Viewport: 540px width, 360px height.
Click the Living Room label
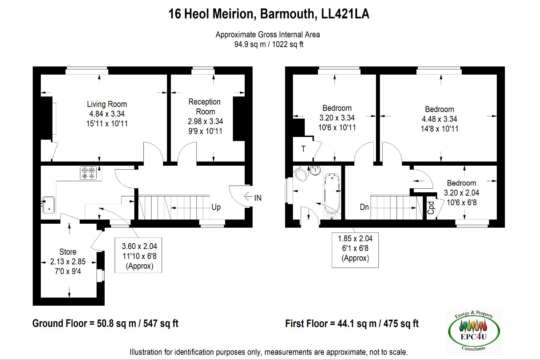[x=107, y=104]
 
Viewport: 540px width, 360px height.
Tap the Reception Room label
[x=205, y=107]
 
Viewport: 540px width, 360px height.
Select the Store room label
[x=68, y=252]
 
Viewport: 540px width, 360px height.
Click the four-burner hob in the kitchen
[x=88, y=173]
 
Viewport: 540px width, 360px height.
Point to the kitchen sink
[x=49, y=205]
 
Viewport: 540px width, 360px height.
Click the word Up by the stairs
[x=216, y=207]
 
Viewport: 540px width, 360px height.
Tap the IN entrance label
[x=258, y=198]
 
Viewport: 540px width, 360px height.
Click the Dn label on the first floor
[x=364, y=207]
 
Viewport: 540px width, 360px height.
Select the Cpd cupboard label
[x=431, y=208]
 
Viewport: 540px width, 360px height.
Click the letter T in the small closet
[x=303, y=149]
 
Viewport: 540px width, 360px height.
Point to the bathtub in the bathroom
[x=332, y=194]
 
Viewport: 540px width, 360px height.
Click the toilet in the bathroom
[x=300, y=174]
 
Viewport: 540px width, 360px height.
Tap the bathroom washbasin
[x=315, y=170]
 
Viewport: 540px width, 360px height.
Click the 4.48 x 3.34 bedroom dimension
[x=439, y=119]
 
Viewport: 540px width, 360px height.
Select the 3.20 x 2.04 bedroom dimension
[x=461, y=193]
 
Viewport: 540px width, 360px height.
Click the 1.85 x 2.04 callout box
[x=355, y=250]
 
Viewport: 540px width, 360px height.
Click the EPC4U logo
[x=474, y=331]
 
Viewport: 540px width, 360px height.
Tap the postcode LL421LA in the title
[x=345, y=14]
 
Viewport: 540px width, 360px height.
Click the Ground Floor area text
[x=105, y=324]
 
